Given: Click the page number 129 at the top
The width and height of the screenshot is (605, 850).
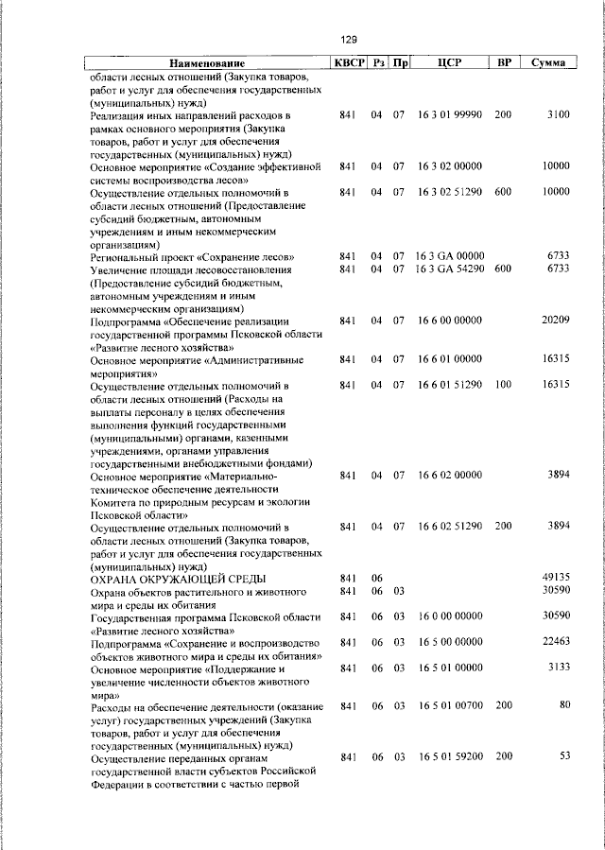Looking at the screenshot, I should coord(348,40).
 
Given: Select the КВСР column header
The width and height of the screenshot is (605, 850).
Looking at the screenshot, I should coord(346,62).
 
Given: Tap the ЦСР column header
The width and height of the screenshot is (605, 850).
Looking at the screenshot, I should coord(449,62).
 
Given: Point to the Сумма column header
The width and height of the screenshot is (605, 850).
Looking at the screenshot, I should coord(548,62).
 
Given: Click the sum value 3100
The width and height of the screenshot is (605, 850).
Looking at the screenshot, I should coord(558,114).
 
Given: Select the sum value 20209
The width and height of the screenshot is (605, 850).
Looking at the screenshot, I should coord(555,321).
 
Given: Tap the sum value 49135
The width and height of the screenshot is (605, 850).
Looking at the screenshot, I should coord(555,577).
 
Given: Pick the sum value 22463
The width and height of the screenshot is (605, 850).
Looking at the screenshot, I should coord(555,642).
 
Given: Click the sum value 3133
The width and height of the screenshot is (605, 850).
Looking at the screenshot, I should coord(558,668).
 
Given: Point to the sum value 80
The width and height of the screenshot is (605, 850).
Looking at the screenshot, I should coord(563,705).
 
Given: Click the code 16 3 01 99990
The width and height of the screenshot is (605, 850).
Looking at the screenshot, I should coord(449,114).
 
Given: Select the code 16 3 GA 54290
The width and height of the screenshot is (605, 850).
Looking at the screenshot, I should coord(449,269).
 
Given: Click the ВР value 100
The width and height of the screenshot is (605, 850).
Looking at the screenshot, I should coord(502,385).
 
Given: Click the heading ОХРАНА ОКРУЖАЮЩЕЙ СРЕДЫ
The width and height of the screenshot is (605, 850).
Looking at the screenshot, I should coord(177,578).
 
